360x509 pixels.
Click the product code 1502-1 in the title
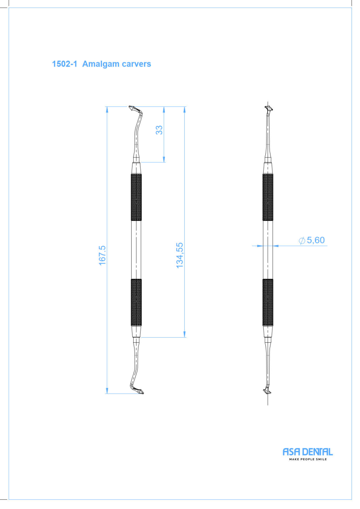[x=65, y=64]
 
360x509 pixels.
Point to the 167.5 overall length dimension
[x=102, y=255]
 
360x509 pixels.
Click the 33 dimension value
[x=159, y=130]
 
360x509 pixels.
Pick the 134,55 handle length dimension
[x=180, y=255]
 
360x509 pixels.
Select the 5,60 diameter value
[x=316, y=240]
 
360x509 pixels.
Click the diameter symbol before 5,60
[x=302, y=241]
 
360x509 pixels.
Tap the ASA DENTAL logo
[x=308, y=452]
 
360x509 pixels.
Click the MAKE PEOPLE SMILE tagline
[x=308, y=459]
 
